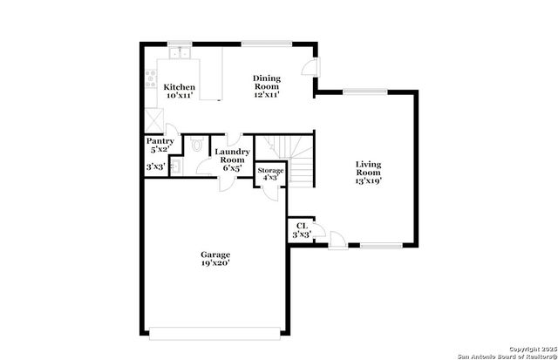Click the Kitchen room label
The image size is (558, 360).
(x=180, y=87)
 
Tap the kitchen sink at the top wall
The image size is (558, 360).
(x=181, y=53)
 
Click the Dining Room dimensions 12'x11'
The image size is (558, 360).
(x=267, y=94)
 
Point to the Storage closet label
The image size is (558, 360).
(x=270, y=172)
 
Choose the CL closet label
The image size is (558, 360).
(x=302, y=226)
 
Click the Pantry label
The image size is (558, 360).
(x=160, y=141)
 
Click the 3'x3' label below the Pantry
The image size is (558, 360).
(x=156, y=166)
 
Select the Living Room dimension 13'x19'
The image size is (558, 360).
(x=368, y=181)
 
